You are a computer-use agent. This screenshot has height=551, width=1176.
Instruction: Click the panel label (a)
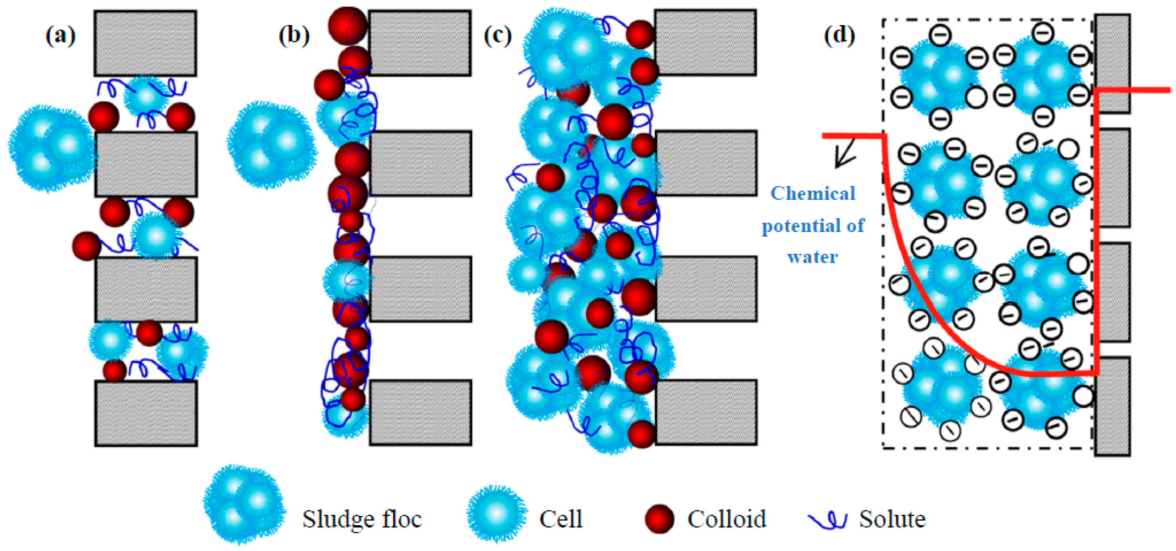click(x=60, y=35)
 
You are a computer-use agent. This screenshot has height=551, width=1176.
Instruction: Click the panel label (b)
click(x=294, y=35)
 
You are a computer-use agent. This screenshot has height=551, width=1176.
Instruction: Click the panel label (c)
click(x=498, y=35)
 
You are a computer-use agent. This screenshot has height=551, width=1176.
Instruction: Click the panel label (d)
click(x=839, y=35)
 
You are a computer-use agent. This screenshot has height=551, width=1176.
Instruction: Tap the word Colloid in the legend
click(x=726, y=519)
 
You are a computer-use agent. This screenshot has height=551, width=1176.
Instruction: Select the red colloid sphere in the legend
click(x=659, y=519)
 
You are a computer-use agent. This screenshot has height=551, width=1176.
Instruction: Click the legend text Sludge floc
click(x=361, y=519)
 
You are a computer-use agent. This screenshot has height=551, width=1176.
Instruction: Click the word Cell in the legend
click(x=560, y=519)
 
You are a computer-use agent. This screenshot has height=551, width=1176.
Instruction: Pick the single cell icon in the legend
click(x=497, y=514)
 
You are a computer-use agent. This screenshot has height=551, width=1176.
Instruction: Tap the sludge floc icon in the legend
click(x=244, y=505)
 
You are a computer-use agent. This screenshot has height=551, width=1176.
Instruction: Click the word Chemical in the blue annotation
click(x=813, y=194)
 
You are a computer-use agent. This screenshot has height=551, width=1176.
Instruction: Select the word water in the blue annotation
click(x=812, y=257)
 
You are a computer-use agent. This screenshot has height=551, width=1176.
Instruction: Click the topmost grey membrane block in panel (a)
click(x=145, y=44)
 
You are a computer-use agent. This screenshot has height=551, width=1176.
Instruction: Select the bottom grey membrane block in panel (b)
click(x=420, y=412)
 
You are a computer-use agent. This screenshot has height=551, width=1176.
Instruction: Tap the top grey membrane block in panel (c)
click(x=705, y=42)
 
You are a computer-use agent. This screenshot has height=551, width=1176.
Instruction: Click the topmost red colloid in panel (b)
click(x=347, y=25)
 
